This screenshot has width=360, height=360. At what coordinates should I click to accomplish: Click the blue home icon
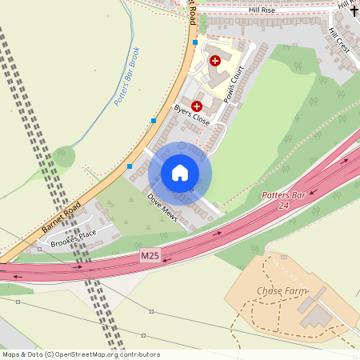pyautogui.click(x=180, y=173)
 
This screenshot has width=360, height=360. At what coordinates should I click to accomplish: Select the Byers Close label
pyautogui.click(x=191, y=116)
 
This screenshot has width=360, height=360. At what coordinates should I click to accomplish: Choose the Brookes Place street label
pyautogui.click(x=73, y=238)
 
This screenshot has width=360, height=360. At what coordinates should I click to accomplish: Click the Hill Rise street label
pyautogui.click(x=262, y=10)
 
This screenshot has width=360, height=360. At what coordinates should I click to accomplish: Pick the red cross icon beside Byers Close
pyautogui.click(x=197, y=106)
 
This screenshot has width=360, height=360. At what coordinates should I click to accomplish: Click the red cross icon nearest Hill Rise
pyautogui.click(x=214, y=60)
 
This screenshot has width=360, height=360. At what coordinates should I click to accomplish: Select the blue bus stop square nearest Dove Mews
pyautogui.click(x=130, y=166)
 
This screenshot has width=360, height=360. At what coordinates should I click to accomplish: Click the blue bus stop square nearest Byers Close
pyautogui.click(x=154, y=121)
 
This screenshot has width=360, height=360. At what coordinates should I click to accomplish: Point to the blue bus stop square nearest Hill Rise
pyautogui.click(x=194, y=42)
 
